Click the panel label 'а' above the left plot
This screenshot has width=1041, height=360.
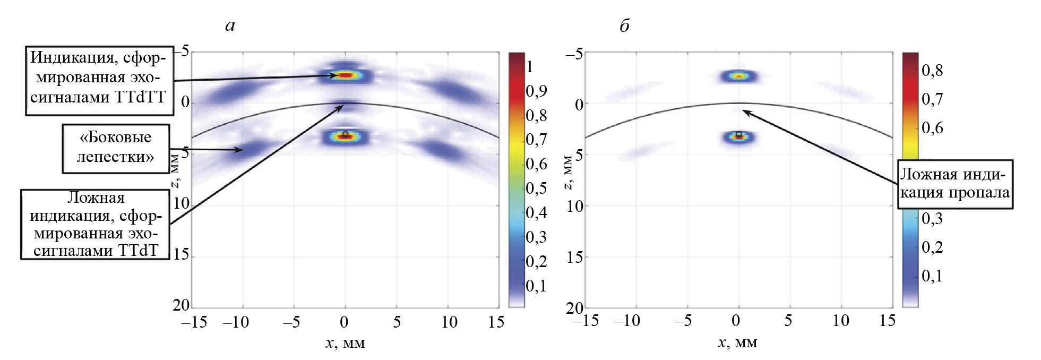coord(230,26)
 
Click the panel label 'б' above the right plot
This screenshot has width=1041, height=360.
coord(624,26)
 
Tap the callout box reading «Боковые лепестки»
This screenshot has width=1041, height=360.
coord(116,148)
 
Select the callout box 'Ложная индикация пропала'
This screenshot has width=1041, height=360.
coord(954,184)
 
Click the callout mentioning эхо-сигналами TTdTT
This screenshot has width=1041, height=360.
coord(99,81)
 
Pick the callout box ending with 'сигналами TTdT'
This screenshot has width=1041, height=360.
coord(95,225)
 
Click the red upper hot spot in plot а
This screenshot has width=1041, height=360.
coord(345,75)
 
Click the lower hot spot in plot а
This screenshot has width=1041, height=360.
coord(345,137)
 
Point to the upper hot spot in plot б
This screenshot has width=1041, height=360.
coord(738,76)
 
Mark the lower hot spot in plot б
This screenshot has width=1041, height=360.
coord(738,138)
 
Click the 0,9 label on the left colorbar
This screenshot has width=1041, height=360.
coord(536,91)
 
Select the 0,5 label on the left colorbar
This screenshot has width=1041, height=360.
coord(536,188)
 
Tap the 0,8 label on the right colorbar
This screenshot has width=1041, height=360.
coord(932,71)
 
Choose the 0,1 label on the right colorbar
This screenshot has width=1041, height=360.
coord(932,276)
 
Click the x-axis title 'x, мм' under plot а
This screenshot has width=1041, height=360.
coord(345,343)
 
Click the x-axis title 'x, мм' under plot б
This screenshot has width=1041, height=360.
coord(737,343)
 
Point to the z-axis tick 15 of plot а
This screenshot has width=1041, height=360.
coord(181,254)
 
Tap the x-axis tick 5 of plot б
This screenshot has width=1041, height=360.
coord(788,321)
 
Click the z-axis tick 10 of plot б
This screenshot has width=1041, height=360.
coord(575,206)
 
